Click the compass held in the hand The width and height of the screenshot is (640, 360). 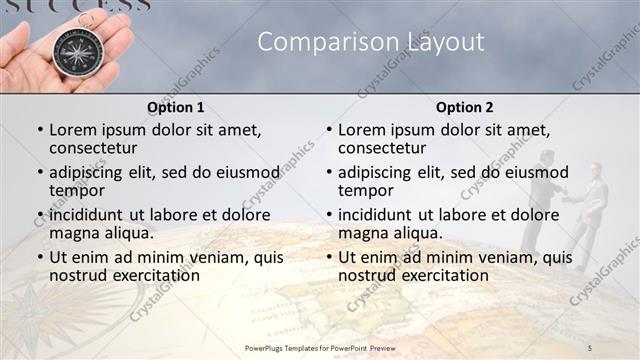(x=75, y=50)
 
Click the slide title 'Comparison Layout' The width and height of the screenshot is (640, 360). (x=371, y=41)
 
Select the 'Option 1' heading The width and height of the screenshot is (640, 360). (x=175, y=107)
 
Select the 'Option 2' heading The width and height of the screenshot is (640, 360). (x=464, y=107)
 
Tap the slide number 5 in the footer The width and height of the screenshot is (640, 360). (x=590, y=347)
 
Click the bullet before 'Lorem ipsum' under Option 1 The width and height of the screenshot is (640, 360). (x=40, y=131)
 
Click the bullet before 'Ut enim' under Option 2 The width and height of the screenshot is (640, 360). (x=329, y=257)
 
